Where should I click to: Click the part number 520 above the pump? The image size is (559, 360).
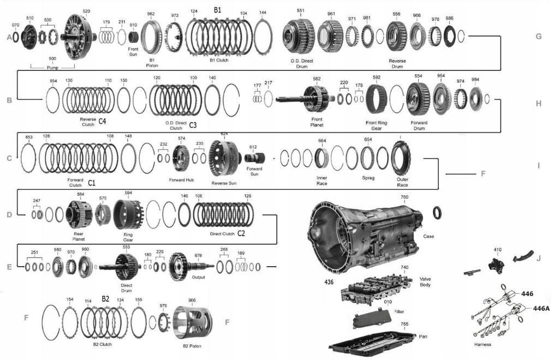click(86, 11)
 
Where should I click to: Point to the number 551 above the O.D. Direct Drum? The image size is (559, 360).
click(300, 11)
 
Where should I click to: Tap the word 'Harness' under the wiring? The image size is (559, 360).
click(483, 345)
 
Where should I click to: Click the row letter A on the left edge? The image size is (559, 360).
click(9, 38)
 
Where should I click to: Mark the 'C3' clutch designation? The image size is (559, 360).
click(193, 125)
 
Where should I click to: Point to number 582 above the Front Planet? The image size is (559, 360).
click(317, 79)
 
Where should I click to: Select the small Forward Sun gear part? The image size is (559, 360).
click(254, 159)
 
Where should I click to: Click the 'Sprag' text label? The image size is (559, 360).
click(368, 178)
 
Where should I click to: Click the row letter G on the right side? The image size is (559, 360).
click(538, 37)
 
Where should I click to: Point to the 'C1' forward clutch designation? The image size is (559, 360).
click(92, 183)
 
